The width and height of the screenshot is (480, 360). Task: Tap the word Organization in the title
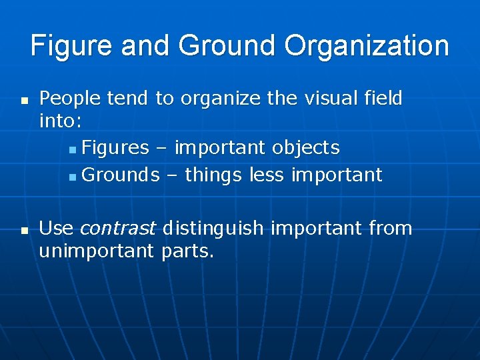(367, 46)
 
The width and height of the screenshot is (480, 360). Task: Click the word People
(70, 99)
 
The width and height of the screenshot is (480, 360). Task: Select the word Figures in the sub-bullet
(117, 147)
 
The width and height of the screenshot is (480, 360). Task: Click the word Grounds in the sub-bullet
(121, 175)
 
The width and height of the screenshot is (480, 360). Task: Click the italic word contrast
(117, 229)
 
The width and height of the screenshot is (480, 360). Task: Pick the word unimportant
(97, 251)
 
